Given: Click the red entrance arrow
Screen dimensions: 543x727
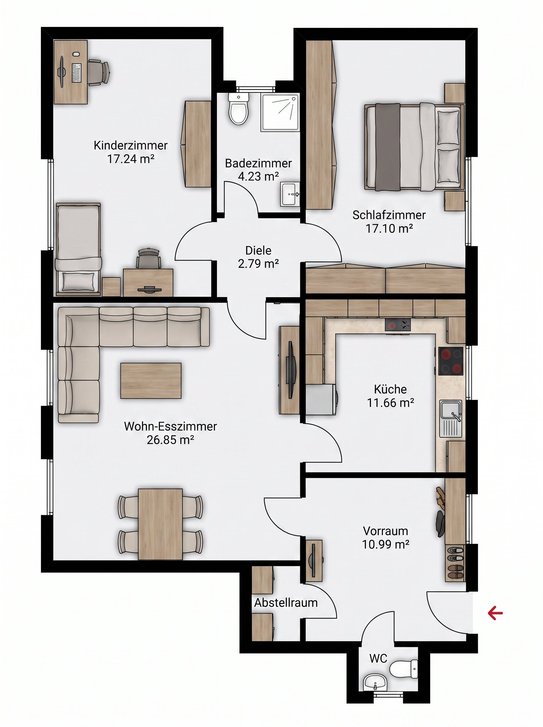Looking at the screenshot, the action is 495,613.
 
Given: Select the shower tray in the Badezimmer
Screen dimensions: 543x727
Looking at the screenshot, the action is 280,112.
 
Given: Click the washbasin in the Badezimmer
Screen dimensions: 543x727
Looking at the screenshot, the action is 290,194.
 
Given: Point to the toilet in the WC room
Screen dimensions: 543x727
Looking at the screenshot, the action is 404,669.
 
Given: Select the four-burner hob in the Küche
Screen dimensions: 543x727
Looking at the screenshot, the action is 451,361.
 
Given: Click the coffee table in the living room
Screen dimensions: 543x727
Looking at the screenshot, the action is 151,381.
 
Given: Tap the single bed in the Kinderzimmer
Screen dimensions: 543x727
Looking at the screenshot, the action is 78,248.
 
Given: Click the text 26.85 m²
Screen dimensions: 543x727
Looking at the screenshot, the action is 170,440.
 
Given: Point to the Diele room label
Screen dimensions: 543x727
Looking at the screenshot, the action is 258,251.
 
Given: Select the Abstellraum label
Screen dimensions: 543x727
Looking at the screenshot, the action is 286,603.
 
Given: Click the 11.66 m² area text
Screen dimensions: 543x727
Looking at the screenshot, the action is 391,403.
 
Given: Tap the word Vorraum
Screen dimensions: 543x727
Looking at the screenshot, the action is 385,531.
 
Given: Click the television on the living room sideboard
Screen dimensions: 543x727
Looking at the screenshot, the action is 290,362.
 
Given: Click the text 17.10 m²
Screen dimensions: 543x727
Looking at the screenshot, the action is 389,228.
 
